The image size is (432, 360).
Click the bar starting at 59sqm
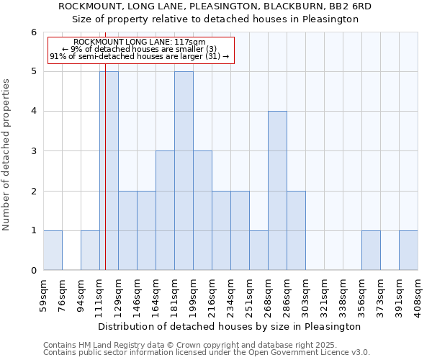[53, 251]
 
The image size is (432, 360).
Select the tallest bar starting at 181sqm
[184, 171]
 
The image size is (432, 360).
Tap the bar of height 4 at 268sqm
[277, 191]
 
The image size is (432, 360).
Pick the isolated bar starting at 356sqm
[371, 251]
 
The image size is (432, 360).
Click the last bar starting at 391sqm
[408, 251]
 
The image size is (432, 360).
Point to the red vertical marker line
[105, 180]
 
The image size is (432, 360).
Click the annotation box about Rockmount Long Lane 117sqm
[140, 50]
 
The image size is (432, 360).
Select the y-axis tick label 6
[33, 32]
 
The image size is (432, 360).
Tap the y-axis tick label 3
[33, 151]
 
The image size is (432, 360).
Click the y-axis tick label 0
[33, 271]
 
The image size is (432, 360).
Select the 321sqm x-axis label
[324, 294]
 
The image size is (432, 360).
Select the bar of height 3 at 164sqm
[165, 210]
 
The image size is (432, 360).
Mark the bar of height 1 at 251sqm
[258, 251]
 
